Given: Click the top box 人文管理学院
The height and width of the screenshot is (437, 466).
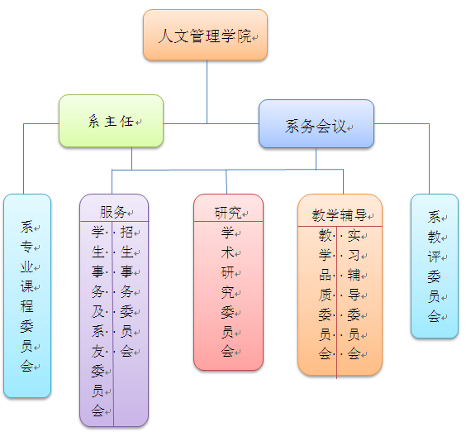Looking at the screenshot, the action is pos(206,35).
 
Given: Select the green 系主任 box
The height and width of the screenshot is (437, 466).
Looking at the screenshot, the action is pos(112,121).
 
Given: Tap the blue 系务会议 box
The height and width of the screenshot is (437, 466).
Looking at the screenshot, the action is pos(316,124).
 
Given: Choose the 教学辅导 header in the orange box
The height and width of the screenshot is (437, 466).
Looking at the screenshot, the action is pos(339,215).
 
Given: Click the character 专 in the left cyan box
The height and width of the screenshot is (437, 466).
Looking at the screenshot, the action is pos(26,247).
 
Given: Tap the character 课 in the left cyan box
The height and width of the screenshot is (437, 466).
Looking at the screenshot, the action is pos(26,286).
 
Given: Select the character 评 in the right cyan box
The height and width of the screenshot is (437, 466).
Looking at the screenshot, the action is pos(434,257).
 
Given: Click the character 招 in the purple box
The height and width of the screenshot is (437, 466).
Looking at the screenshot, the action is pos(126,232).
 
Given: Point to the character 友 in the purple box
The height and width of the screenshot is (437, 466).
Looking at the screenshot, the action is pos(97,351).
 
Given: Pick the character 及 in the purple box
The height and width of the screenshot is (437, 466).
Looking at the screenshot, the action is pos(97,311).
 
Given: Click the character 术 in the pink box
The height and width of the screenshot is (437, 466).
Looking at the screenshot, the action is pos(228,252).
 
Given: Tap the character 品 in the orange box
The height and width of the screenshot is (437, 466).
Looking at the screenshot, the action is pos(326,275).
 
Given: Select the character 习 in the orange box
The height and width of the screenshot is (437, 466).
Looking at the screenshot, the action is pos(354,255).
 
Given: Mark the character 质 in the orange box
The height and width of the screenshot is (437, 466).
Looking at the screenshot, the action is pos(326,295).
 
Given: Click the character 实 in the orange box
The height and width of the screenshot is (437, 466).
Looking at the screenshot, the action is pos(354,236).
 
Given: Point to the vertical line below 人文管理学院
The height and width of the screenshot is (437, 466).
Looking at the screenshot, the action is pos(207,92).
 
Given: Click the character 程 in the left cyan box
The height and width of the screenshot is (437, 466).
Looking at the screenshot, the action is pos(26,306).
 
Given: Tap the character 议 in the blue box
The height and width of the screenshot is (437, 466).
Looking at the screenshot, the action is pos(339,127).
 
